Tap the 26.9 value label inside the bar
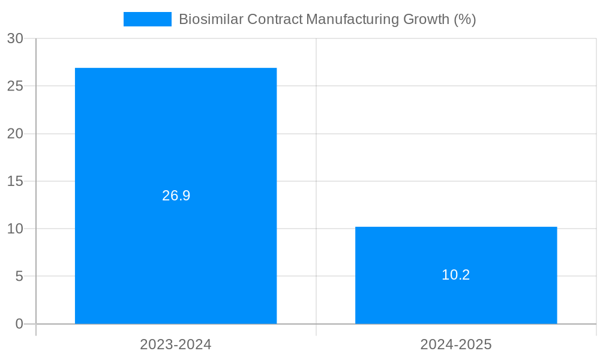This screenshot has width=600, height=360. (x=176, y=196)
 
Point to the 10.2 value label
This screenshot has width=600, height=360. (x=456, y=275)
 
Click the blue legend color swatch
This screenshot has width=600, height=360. (x=147, y=19)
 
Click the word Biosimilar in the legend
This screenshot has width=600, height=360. (x=211, y=19)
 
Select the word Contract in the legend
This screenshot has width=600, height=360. (x=275, y=19)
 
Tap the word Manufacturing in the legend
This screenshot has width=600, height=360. (x=352, y=19)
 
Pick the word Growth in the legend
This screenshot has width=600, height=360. (x=426, y=19)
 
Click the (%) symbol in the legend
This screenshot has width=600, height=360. (x=465, y=19)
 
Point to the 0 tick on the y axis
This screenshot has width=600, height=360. (x=19, y=324)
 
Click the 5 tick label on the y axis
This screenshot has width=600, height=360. (x=19, y=277)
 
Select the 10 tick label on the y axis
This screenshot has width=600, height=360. (x=16, y=229)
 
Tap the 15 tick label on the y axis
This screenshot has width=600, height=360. (x=16, y=181)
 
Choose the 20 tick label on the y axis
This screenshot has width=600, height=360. (x=16, y=134)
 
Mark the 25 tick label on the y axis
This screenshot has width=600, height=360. (x=16, y=86)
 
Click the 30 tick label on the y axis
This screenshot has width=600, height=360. (x=16, y=38)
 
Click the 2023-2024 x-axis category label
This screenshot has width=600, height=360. (x=176, y=344)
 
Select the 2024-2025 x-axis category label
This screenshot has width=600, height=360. (x=456, y=344)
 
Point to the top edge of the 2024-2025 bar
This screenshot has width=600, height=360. (x=456, y=227)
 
